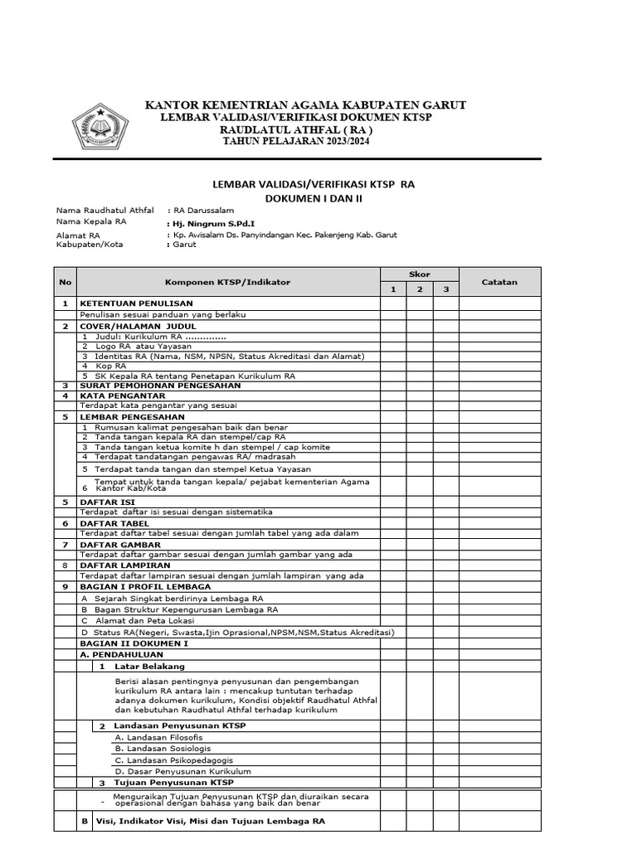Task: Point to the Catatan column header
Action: click(499, 282)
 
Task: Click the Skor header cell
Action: click(420, 274)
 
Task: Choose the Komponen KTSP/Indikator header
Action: click(228, 282)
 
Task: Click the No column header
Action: click(66, 282)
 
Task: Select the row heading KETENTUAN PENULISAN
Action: click(136, 303)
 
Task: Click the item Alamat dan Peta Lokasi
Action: click(144, 620)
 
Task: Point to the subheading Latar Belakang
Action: click(149, 666)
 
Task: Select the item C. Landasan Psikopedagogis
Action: click(173, 759)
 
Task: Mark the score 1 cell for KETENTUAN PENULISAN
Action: click(394, 303)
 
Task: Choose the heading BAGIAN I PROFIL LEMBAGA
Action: click(145, 586)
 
